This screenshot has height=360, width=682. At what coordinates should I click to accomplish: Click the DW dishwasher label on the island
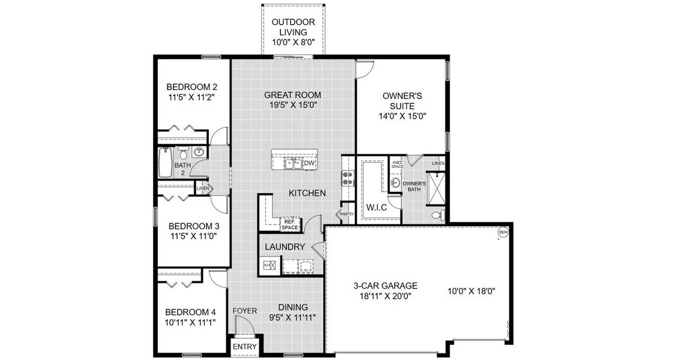point(309,163)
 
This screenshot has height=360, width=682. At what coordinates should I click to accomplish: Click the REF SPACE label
point(291,224)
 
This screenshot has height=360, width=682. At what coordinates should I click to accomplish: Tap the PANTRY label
point(346,214)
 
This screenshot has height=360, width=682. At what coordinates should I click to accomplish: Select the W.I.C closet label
point(376,208)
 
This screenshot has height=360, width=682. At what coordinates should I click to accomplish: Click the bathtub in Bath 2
point(163,164)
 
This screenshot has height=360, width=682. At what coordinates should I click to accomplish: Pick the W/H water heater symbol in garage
point(502,232)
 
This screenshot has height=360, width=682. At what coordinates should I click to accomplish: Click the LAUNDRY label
point(285,247)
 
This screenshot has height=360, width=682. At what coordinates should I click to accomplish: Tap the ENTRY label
point(244,347)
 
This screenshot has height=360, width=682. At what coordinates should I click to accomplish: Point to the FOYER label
point(245,311)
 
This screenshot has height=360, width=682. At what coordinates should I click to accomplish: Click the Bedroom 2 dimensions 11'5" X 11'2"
point(191,96)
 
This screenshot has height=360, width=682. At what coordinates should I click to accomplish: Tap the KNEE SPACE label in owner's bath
point(397,163)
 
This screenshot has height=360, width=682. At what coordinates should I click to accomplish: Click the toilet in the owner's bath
point(437,215)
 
